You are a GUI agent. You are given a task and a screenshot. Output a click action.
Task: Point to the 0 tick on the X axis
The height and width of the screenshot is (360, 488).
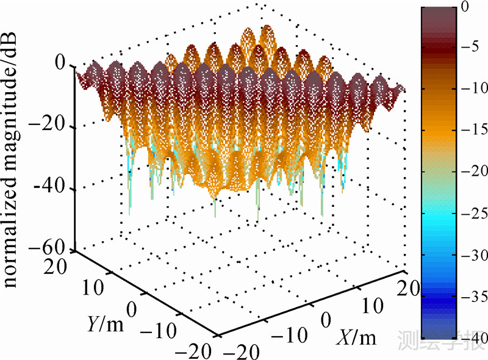coord(326,320)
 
